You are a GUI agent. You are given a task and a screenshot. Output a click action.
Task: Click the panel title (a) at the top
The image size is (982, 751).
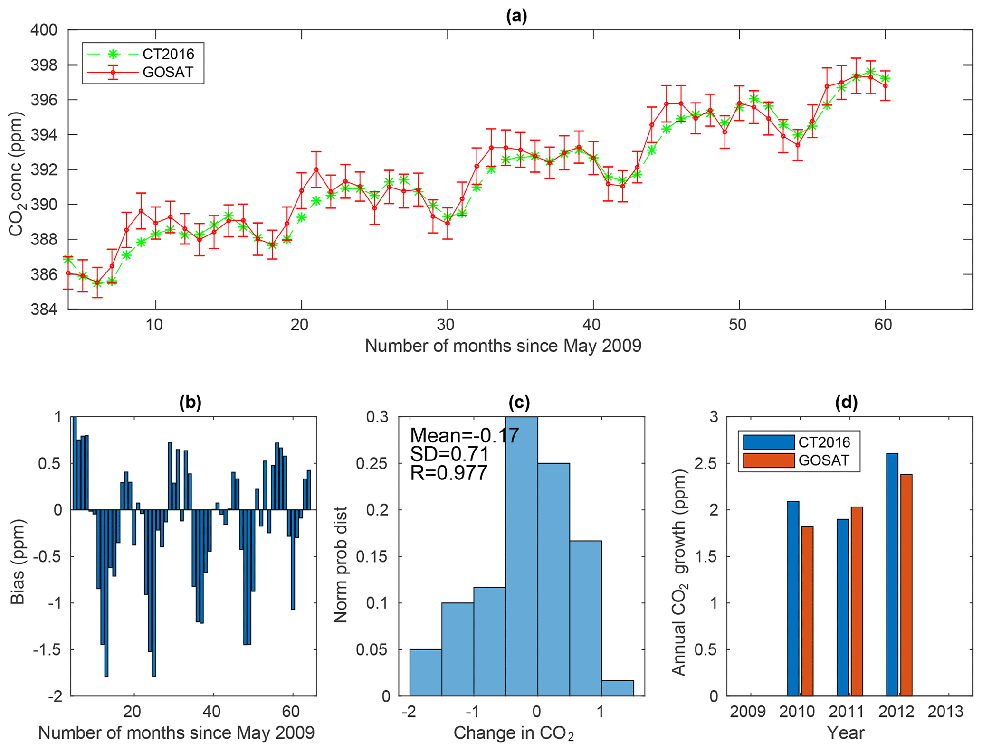point(516,17)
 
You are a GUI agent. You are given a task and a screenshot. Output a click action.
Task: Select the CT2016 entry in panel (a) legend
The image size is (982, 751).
point(168,54)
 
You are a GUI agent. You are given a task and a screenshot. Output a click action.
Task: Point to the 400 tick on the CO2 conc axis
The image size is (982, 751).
point(44,30)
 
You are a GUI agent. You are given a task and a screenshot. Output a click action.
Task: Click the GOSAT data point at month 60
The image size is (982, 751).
point(885,85)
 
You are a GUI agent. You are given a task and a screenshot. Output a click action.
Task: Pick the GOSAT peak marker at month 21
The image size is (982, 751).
point(316,169)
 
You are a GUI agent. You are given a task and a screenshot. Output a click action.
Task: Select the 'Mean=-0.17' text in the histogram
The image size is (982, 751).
point(464,435)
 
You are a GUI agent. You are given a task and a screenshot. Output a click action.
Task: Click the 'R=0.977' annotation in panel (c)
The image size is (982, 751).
point(449,473)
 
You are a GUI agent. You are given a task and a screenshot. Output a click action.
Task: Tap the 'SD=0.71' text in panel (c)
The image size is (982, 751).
point(449,454)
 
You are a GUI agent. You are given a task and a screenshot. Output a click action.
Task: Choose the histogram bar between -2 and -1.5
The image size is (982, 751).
point(426,672)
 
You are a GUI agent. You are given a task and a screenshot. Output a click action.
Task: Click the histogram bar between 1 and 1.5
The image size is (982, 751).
point(617,688)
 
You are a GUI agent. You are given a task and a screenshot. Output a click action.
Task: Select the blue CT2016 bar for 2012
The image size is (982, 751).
point(892,574)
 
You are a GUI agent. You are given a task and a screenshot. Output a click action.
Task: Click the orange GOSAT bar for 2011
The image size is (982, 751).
point(857,601)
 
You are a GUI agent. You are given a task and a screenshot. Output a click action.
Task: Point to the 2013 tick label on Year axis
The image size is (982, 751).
point(945,712)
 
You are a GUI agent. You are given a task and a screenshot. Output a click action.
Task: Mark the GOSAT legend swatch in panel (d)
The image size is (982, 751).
point(769,460)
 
